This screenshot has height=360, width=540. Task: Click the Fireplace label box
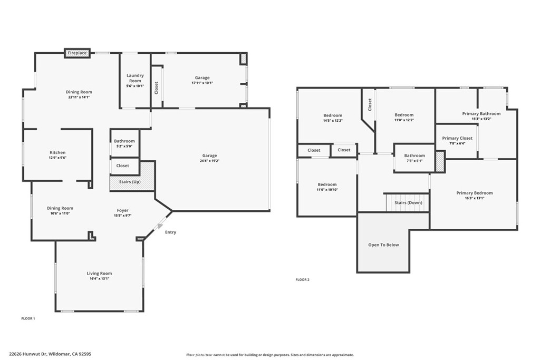[x=77, y=53]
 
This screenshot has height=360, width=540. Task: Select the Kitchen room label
[x=57, y=152]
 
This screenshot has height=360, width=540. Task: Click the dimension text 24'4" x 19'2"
[x=209, y=161]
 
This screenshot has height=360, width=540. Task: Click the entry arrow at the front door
[x=159, y=226]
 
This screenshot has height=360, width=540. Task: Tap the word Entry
[x=170, y=232]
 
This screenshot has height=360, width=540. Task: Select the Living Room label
[x=99, y=273]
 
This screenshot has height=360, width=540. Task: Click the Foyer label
[x=122, y=210]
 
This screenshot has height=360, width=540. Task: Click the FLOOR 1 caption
[x=27, y=318]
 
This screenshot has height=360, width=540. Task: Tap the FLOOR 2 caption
[x=302, y=279]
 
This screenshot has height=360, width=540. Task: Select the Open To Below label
[x=383, y=245]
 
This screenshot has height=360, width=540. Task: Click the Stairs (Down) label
[x=408, y=202]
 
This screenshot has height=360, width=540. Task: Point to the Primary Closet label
[x=457, y=138]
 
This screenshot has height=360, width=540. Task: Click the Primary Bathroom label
[x=481, y=113]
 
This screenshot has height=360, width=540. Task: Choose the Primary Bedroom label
[x=474, y=193]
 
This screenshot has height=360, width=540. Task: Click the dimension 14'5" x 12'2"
[x=333, y=121]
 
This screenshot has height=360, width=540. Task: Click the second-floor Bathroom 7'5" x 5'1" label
[x=414, y=155]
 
